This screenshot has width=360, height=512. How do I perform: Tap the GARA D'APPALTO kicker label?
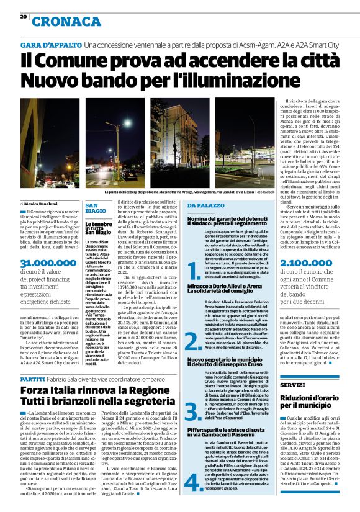50,45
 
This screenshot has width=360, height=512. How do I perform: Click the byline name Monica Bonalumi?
40,204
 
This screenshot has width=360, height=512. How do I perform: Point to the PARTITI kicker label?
33,378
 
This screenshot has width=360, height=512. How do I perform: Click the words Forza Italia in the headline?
53,391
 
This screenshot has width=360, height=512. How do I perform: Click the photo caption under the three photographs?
179,192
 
